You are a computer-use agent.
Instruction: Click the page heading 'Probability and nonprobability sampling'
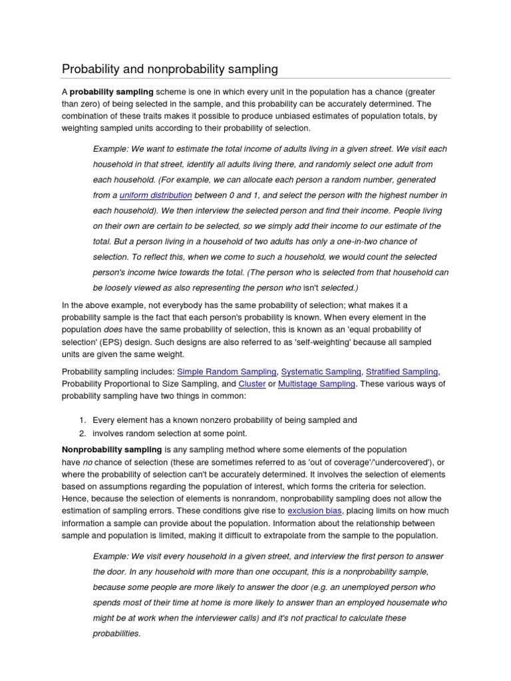[170, 69]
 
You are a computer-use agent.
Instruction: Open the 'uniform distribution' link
[156, 196]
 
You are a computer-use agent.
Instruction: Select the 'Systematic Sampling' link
[321, 372]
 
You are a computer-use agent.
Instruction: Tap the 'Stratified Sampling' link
[402, 372]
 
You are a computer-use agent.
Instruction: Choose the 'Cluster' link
[252, 384]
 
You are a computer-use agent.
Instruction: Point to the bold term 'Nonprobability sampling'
[112, 450]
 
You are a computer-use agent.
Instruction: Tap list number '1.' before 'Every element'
[83, 420]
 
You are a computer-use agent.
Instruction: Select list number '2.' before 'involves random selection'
[83, 433]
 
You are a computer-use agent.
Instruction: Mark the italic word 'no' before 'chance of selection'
[87, 463]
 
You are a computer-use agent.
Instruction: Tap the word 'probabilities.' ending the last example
[117, 634]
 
